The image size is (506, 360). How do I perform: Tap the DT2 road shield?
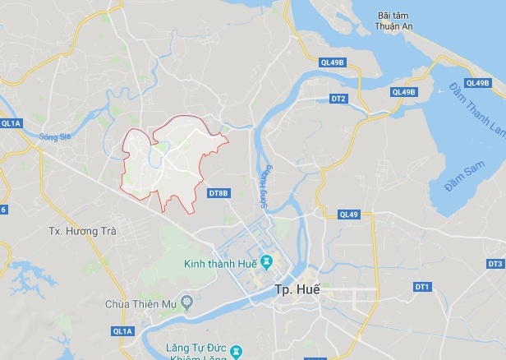click(x=338, y=99)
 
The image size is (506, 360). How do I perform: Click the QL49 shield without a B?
click(x=348, y=215)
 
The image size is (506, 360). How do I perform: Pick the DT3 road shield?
click(x=494, y=264)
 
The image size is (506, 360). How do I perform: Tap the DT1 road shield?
click(x=422, y=287)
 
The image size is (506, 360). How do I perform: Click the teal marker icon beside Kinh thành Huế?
click(x=267, y=263)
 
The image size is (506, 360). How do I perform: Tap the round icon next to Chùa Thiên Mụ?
click(x=188, y=303)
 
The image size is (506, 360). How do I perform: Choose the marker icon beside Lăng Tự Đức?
click(x=237, y=351)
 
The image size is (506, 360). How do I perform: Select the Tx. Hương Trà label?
click(x=82, y=231)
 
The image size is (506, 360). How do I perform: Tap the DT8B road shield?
click(x=218, y=193)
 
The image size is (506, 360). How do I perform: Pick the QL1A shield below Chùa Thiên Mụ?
click(x=122, y=331)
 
